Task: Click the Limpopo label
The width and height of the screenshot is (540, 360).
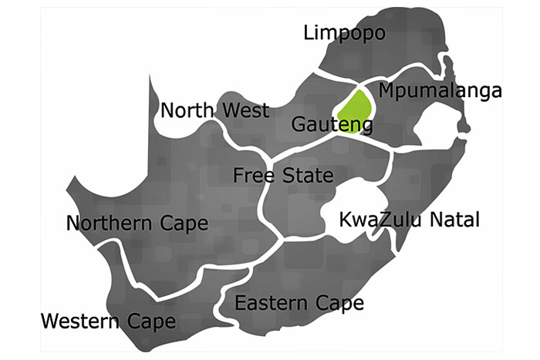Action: pyautogui.click(x=344, y=34)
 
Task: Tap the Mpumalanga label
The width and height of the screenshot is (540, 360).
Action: pyautogui.click(x=440, y=91)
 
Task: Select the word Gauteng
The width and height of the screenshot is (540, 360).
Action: pyautogui.click(x=332, y=125)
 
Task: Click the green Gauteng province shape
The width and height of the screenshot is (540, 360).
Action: pyautogui.click(x=356, y=108)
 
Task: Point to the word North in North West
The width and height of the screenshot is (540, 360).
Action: pyautogui.click(x=185, y=110)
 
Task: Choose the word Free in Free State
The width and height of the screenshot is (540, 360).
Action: pyautogui.click(x=254, y=176)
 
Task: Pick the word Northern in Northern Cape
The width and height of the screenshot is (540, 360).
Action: pyautogui.click(x=110, y=224)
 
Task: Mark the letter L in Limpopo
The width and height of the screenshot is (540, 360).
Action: pyautogui.click(x=309, y=32)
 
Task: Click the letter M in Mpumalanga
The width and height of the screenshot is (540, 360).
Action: pyautogui.click(x=387, y=90)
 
